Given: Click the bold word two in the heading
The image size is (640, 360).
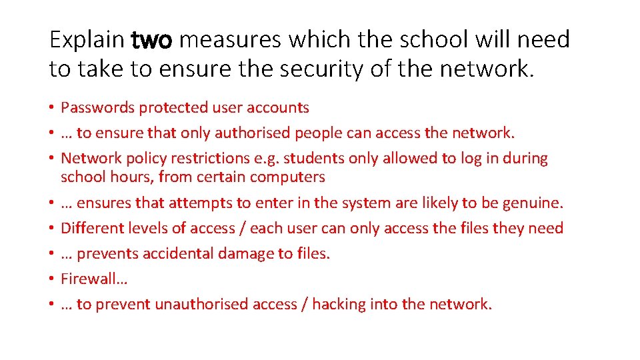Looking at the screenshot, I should [x=153, y=40].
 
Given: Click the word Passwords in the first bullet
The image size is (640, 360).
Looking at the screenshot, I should [x=92, y=107].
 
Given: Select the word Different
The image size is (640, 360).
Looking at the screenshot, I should [x=89, y=228].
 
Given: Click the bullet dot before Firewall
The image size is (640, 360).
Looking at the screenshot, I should [x=51, y=279].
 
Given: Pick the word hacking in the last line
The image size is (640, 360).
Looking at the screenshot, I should [x=339, y=305].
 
